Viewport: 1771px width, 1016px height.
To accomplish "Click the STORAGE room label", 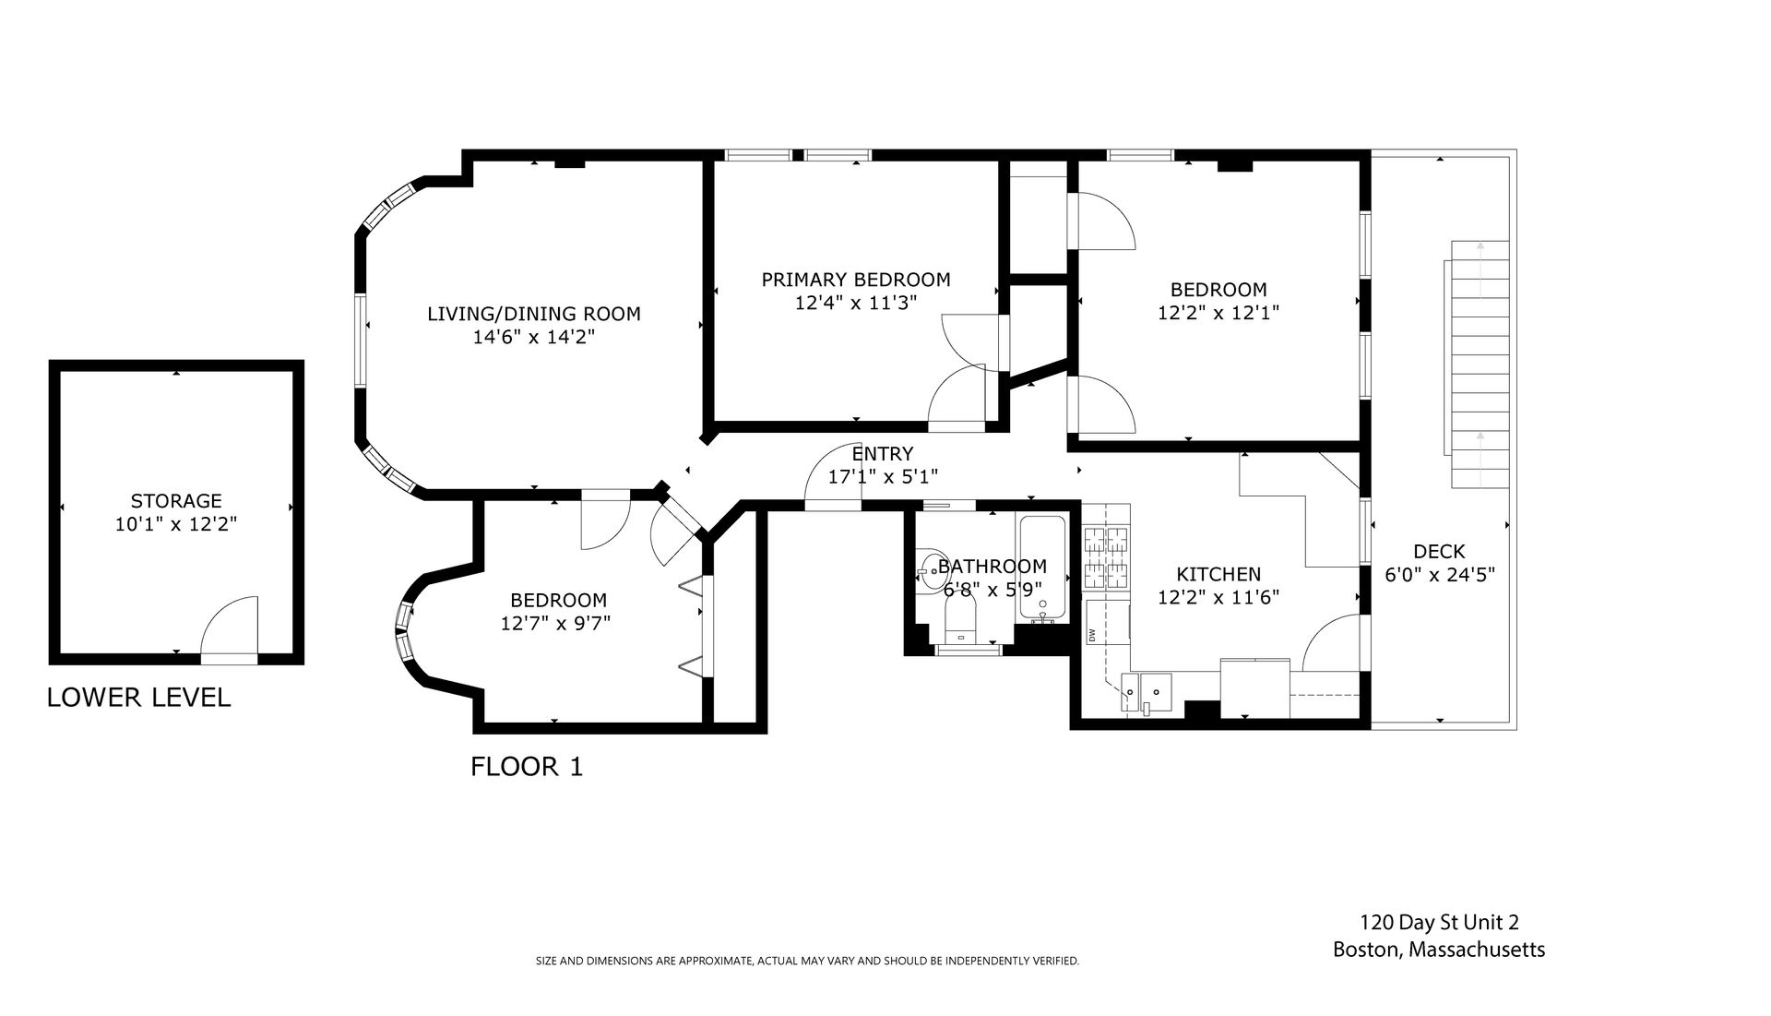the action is click(176, 501).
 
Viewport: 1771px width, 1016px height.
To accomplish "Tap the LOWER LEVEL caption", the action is click(138, 698).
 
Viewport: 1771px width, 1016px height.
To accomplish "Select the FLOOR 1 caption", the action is click(527, 767).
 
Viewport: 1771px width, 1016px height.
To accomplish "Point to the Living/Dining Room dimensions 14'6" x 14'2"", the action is click(533, 338).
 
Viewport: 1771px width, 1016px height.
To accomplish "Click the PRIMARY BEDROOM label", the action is click(856, 280).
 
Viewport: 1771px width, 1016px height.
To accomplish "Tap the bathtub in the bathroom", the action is click(1041, 568).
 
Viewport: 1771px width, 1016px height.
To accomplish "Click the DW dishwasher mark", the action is click(1092, 635).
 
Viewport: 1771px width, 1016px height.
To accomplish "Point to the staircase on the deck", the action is click(1480, 365).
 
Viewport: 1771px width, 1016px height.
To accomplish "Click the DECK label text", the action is click(1439, 552).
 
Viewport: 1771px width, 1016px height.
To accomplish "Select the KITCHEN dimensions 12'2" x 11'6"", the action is click(1218, 597).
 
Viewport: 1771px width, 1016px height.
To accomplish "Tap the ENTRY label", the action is click(883, 454).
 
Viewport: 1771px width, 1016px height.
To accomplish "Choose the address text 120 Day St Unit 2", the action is click(1439, 922).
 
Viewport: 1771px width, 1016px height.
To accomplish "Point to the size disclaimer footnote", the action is click(807, 962).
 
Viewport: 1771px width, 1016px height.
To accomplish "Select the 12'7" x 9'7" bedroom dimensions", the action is click(555, 624).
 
